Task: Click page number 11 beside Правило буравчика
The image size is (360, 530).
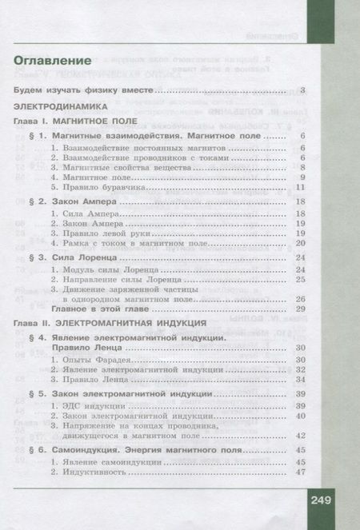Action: tap(300, 187)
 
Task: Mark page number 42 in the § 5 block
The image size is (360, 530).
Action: tap(301, 436)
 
